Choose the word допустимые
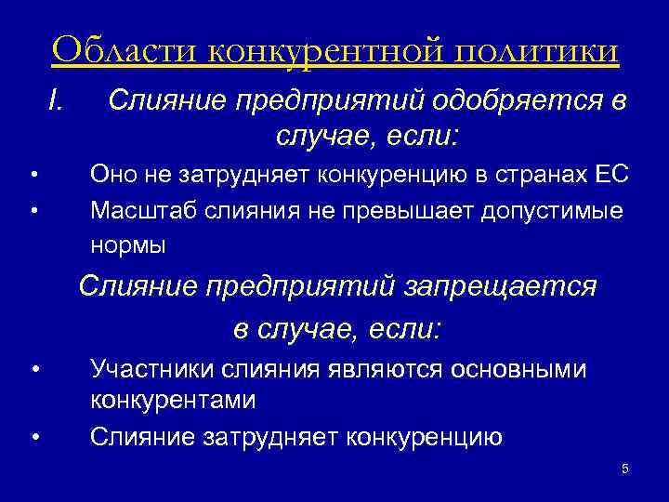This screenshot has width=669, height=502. tap(552, 211)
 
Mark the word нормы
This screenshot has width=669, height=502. tap(128, 246)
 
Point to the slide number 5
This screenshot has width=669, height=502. tap(624, 469)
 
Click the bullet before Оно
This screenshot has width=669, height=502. tap(33, 175)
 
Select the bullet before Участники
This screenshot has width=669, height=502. tap(33, 370)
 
